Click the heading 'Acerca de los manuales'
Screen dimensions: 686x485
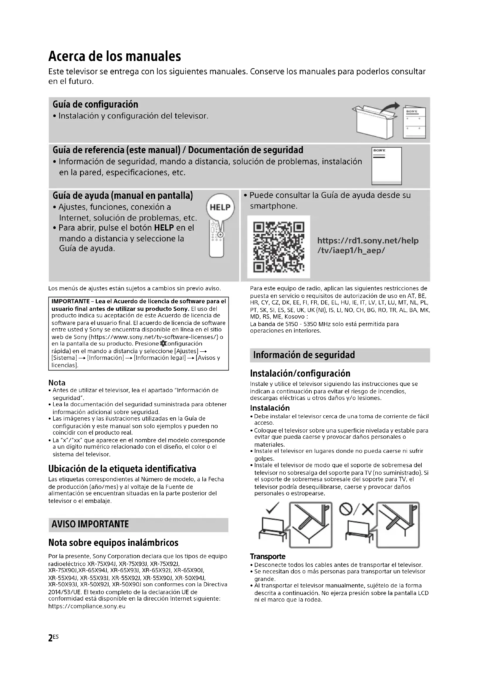(x=115, y=56)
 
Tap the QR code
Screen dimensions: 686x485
(x=278, y=247)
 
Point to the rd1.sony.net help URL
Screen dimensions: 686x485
(x=368, y=245)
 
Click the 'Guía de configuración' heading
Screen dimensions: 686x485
(x=95, y=104)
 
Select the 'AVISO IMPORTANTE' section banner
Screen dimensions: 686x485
(x=90, y=524)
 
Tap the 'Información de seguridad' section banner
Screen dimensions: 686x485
(x=304, y=355)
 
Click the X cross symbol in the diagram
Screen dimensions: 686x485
(x=368, y=509)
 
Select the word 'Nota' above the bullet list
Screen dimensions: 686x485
(x=57, y=383)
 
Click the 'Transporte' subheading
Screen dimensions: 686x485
(x=268, y=556)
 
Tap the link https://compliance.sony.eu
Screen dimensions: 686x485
(x=87, y=606)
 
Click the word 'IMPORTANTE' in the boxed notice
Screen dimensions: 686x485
(x=70, y=301)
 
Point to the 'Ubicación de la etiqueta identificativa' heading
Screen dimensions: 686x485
(x=122, y=468)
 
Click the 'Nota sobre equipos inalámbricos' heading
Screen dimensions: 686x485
(x=113, y=542)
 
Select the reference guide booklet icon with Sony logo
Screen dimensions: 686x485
(x=386, y=166)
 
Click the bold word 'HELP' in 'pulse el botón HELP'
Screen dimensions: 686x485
(x=164, y=228)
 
